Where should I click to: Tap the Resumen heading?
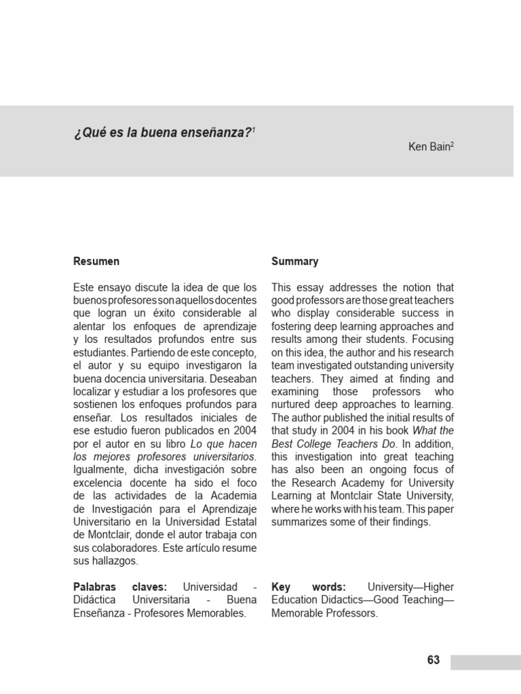click(96, 261)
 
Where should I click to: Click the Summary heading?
click(294, 261)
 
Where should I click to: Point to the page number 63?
click(433, 660)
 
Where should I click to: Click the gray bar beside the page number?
click(486, 661)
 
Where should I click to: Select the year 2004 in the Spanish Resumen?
click(244, 430)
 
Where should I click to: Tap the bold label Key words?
click(309, 586)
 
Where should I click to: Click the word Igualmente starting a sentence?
click(98, 470)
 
